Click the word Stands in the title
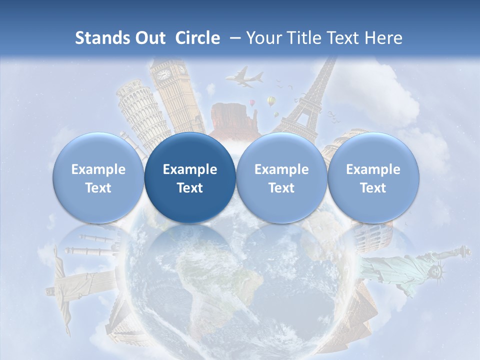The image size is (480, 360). click(99, 38)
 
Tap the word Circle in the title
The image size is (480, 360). click(197, 38)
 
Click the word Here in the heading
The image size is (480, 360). click(384, 38)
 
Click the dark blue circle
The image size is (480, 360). click(190, 178)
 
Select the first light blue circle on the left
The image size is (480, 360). click(98, 178)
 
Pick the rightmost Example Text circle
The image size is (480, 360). click(373, 178)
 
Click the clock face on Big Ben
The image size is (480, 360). click(163, 74)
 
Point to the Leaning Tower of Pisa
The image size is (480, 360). click(137, 112)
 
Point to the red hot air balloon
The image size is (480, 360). click(252, 102)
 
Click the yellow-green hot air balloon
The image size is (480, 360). click(271, 101)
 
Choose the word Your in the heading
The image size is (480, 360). click(263, 38)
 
